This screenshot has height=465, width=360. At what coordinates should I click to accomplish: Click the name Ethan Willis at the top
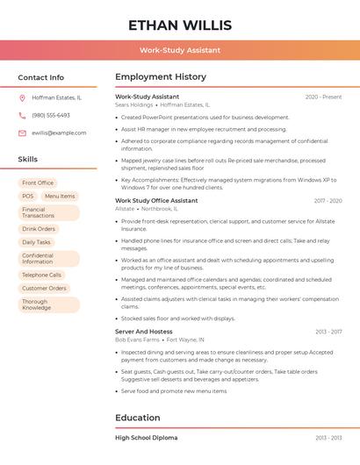coord(179,25)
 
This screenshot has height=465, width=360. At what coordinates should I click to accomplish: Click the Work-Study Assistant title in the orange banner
coord(179,50)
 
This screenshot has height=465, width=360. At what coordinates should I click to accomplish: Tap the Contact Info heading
coord(41,77)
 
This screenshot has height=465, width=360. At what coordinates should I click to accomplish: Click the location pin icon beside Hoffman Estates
coord(22,98)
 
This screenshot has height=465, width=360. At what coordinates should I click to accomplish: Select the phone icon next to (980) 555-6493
coord(22,115)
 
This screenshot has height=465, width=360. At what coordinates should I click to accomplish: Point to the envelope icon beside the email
coord(22,132)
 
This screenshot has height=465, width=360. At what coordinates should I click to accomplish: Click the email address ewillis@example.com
coord(59,132)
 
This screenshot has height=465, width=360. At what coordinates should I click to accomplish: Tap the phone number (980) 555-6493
coord(51,115)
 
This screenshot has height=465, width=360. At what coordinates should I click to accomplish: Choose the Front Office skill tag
coord(38,182)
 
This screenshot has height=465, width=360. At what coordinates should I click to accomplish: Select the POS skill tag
coord(28,197)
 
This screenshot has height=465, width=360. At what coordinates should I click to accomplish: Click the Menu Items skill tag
coord(60,197)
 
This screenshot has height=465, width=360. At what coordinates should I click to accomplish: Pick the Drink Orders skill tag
coord(39,229)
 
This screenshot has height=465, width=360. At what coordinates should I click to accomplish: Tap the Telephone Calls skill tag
coord(41,275)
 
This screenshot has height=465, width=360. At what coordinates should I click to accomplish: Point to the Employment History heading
coord(161,77)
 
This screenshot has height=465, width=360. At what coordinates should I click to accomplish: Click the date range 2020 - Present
coord(323,97)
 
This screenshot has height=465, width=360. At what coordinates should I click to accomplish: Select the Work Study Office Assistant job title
coord(156,200)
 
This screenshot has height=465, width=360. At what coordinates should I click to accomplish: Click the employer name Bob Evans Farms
coord(137,340)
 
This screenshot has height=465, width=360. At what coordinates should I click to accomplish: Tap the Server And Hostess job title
coord(144,332)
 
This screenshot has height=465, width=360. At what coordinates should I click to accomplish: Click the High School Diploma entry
coord(146,437)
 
